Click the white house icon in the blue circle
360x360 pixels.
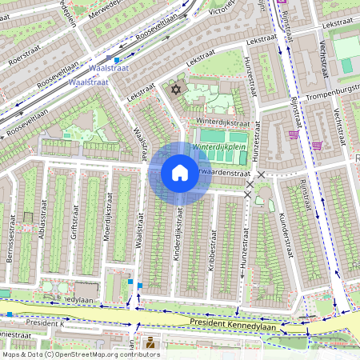(x=180, y=173)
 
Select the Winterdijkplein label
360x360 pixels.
(x=218, y=148)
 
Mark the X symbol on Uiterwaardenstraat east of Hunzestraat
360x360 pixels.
(x=261, y=174)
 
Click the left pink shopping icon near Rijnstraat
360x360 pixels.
(x=294, y=134)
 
